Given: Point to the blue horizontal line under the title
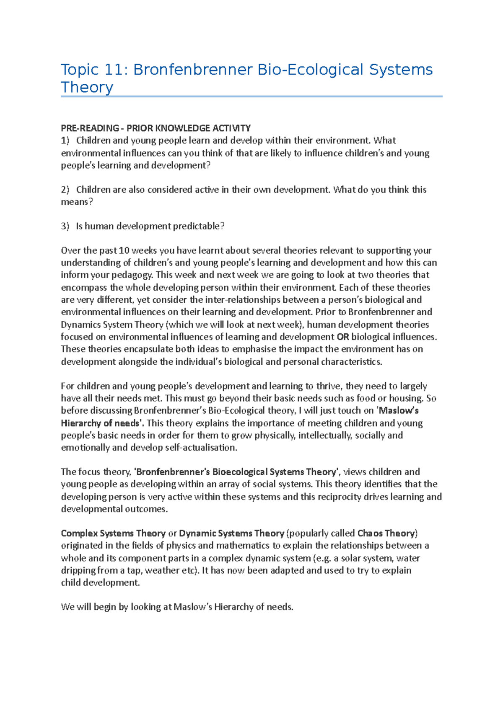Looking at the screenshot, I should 251,97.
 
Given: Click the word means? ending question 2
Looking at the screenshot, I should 77,202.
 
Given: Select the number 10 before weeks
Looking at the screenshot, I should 124,251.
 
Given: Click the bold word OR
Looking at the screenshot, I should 343,337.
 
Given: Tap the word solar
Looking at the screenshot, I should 351,558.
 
